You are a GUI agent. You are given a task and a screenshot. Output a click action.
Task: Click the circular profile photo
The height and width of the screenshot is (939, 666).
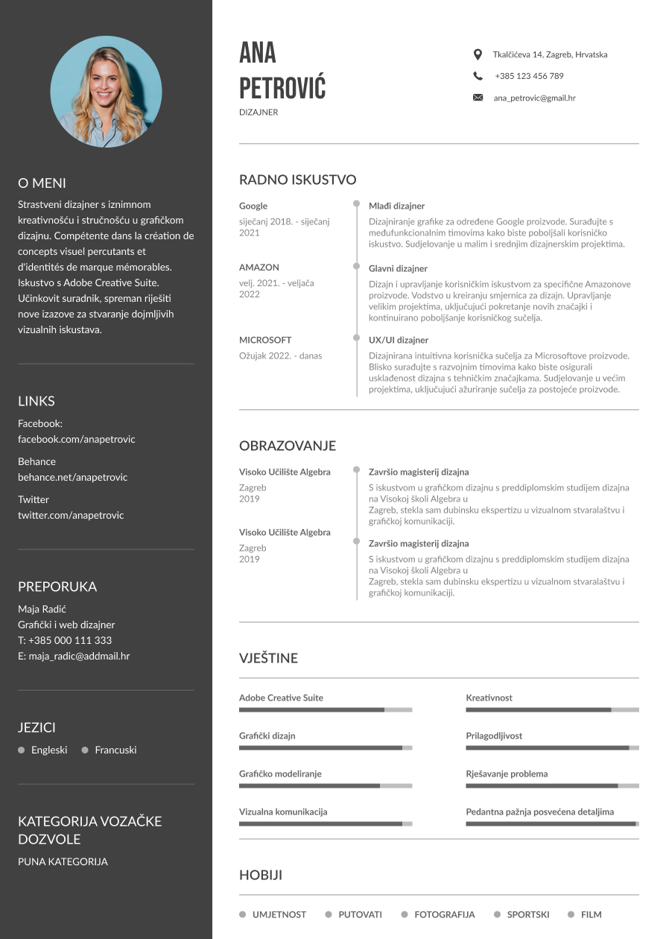pyautogui.click(x=106, y=92)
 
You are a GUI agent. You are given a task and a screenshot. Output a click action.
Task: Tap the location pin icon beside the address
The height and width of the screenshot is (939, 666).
pyautogui.click(x=478, y=54)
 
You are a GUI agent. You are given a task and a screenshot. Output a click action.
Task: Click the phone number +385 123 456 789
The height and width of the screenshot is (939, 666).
pyautogui.click(x=529, y=76)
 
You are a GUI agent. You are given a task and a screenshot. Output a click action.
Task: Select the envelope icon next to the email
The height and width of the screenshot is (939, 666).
pyautogui.click(x=478, y=98)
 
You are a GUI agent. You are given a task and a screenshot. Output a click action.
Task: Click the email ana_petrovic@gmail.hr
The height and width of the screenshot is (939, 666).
pyautogui.click(x=534, y=98)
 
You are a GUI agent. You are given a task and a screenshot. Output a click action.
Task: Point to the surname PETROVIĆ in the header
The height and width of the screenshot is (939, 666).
pyautogui.click(x=282, y=88)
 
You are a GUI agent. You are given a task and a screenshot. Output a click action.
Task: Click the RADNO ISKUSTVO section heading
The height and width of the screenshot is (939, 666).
pyautogui.click(x=297, y=180)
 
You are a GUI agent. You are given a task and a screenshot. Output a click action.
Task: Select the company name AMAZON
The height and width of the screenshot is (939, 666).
pyautogui.click(x=259, y=268)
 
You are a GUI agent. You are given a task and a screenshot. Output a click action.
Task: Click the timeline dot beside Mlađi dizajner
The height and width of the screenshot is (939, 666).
pyautogui.click(x=357, y=205)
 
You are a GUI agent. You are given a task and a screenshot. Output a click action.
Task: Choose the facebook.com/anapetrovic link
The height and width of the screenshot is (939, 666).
pyautogui.click(x=77, y=439)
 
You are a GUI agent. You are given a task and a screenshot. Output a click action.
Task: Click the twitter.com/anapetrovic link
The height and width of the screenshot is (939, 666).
pyautogui.click(x=71, y=515)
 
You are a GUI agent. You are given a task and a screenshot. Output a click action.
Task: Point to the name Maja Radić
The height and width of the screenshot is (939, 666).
pyautogui.click(x=42, y=609)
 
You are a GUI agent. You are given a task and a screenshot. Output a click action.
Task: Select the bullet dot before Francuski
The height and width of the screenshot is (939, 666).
pyautogui.click(x=85, y=750)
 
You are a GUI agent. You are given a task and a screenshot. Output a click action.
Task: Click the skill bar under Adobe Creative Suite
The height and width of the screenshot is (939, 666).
pyautogui.click(x=325, y=710)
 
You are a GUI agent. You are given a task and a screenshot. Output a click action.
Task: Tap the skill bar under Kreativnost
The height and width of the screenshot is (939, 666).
pyautogui.click(x=552, y=710)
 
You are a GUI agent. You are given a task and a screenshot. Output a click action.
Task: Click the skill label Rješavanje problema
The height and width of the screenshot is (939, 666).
pyautogui.click(x=507, y=774)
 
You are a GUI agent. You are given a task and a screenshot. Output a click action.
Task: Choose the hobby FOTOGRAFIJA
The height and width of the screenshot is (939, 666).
pyautogui.click(x=444, y=914)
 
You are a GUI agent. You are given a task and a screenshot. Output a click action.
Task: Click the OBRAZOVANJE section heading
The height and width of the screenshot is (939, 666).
pyautogui.click(x=287, y=446)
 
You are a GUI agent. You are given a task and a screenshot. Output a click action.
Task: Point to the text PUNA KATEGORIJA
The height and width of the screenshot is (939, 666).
pyautogui.click(x=63, y=861)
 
